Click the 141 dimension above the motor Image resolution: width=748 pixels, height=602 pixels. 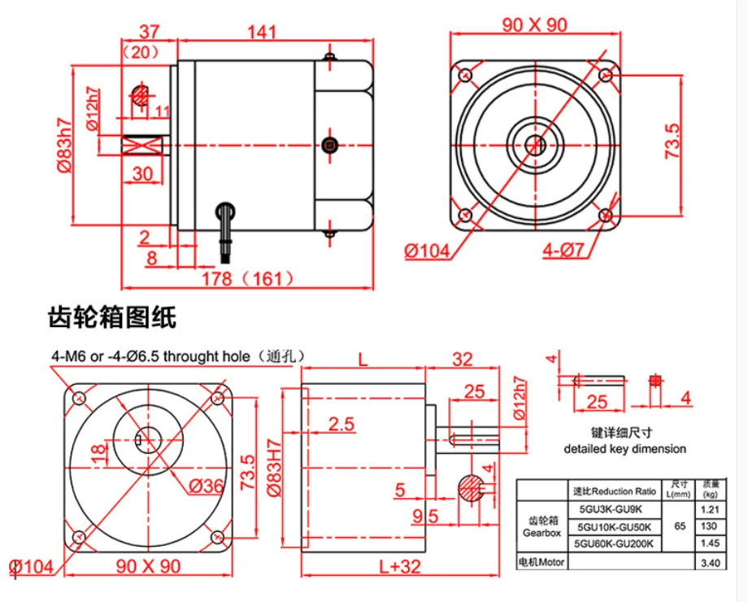tap(262, 32)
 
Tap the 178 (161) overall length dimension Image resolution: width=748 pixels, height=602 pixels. tap(248, 278)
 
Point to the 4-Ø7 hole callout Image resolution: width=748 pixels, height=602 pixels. tap(564, 251)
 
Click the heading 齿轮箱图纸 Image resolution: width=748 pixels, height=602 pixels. tap(112, 317)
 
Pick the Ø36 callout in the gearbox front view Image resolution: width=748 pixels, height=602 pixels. tap(206, 486)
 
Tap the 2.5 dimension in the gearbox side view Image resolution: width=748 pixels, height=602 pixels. tap(341, 424)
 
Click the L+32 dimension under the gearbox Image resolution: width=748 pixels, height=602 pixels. tap(400, 567)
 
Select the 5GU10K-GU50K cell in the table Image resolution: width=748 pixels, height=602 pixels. tap(615, 527)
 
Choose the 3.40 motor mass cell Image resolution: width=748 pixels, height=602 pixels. tap(711, 563)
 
